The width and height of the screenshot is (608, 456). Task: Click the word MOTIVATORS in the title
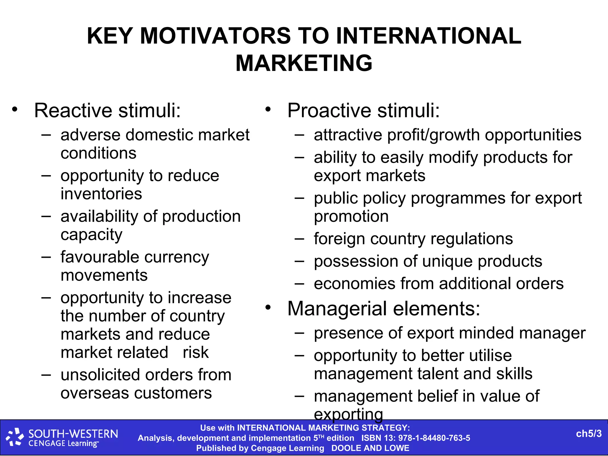(215, 36)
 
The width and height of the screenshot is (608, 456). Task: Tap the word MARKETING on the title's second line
(304, 63)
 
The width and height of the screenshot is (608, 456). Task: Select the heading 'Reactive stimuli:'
(107, 110)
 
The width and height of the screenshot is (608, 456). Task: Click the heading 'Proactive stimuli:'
(363, 110)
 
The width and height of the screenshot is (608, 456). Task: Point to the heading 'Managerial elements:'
(384, 308)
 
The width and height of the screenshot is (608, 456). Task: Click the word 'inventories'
(101, 194)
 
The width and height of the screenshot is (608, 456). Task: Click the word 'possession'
(356, 262)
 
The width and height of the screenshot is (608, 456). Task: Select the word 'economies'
(354, 284)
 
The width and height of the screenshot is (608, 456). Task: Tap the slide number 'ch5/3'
(589, 434)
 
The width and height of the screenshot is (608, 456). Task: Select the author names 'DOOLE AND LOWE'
(370, 448)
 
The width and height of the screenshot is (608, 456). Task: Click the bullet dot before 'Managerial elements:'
(268, 308)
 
